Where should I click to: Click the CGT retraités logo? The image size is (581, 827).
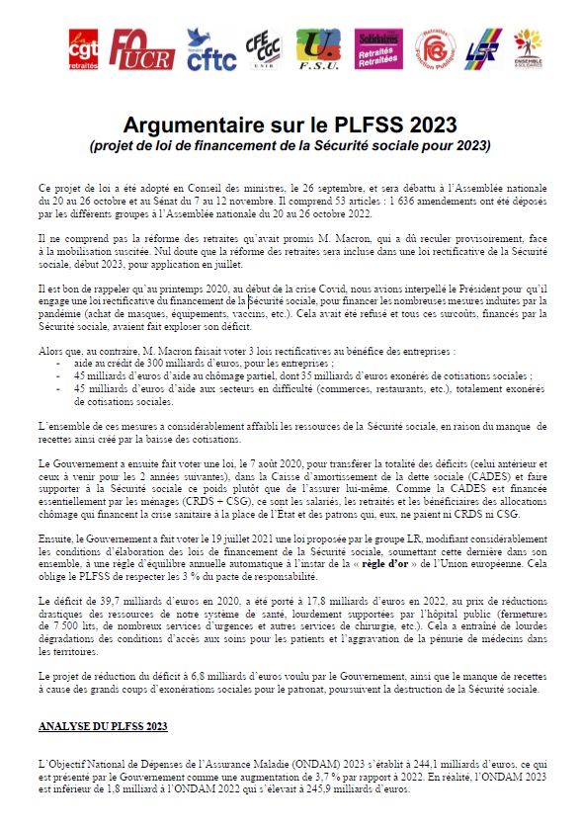(x=84, y=48)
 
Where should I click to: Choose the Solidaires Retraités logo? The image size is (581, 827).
(x=378, y=48)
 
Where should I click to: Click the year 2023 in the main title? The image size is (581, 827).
(x=434, y=124)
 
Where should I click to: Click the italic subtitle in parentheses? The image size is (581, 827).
(x=290, y=145)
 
